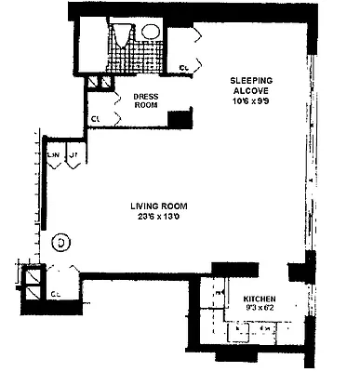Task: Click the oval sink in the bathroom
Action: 151,31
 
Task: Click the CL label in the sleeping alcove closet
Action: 184,67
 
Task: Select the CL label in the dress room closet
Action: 97,118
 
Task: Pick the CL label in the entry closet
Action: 56,294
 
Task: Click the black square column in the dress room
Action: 183,118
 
